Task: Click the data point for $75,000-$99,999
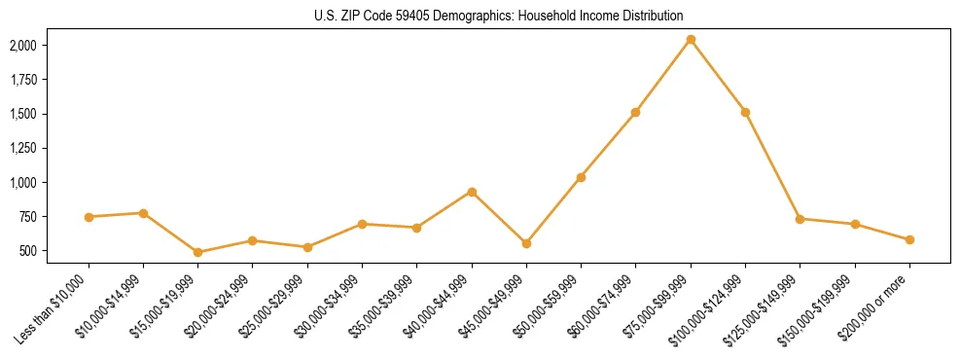(691, 40)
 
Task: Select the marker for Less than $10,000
(89, 217)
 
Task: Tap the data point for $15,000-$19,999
(197, 252)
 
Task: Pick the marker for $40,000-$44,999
(472, 192)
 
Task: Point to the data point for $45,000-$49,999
(526, 243)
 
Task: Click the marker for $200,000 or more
(909, 239)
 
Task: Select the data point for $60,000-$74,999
(635, 112)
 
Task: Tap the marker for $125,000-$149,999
(800, 219)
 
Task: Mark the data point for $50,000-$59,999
(581, 177)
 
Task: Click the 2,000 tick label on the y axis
(22, 46)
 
